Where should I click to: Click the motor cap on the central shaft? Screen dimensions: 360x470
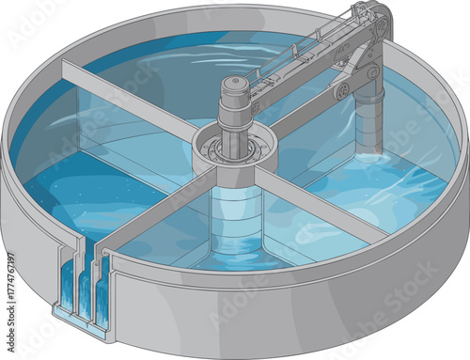(234, 86)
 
